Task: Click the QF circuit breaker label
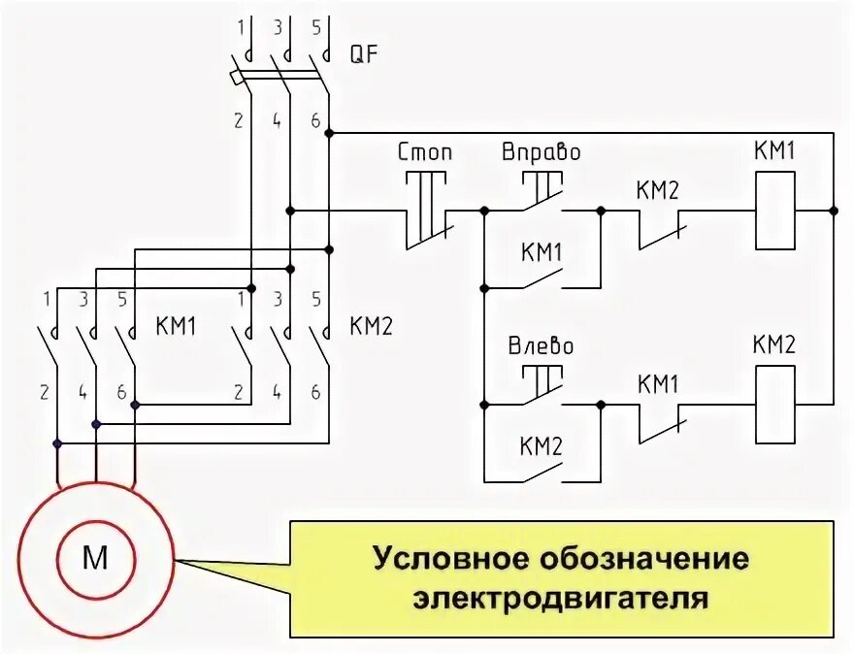(364, 54)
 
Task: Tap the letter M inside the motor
(96, 557)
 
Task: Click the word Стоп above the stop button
(425, 153)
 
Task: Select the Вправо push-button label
(541, 153)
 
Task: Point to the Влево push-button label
(541, 346)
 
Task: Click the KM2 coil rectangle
(774, 402)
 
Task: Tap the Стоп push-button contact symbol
(425, 210)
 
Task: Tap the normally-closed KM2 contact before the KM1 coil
(664, 229)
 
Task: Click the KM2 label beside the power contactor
(371, 326)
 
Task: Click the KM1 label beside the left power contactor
(176, 326)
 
